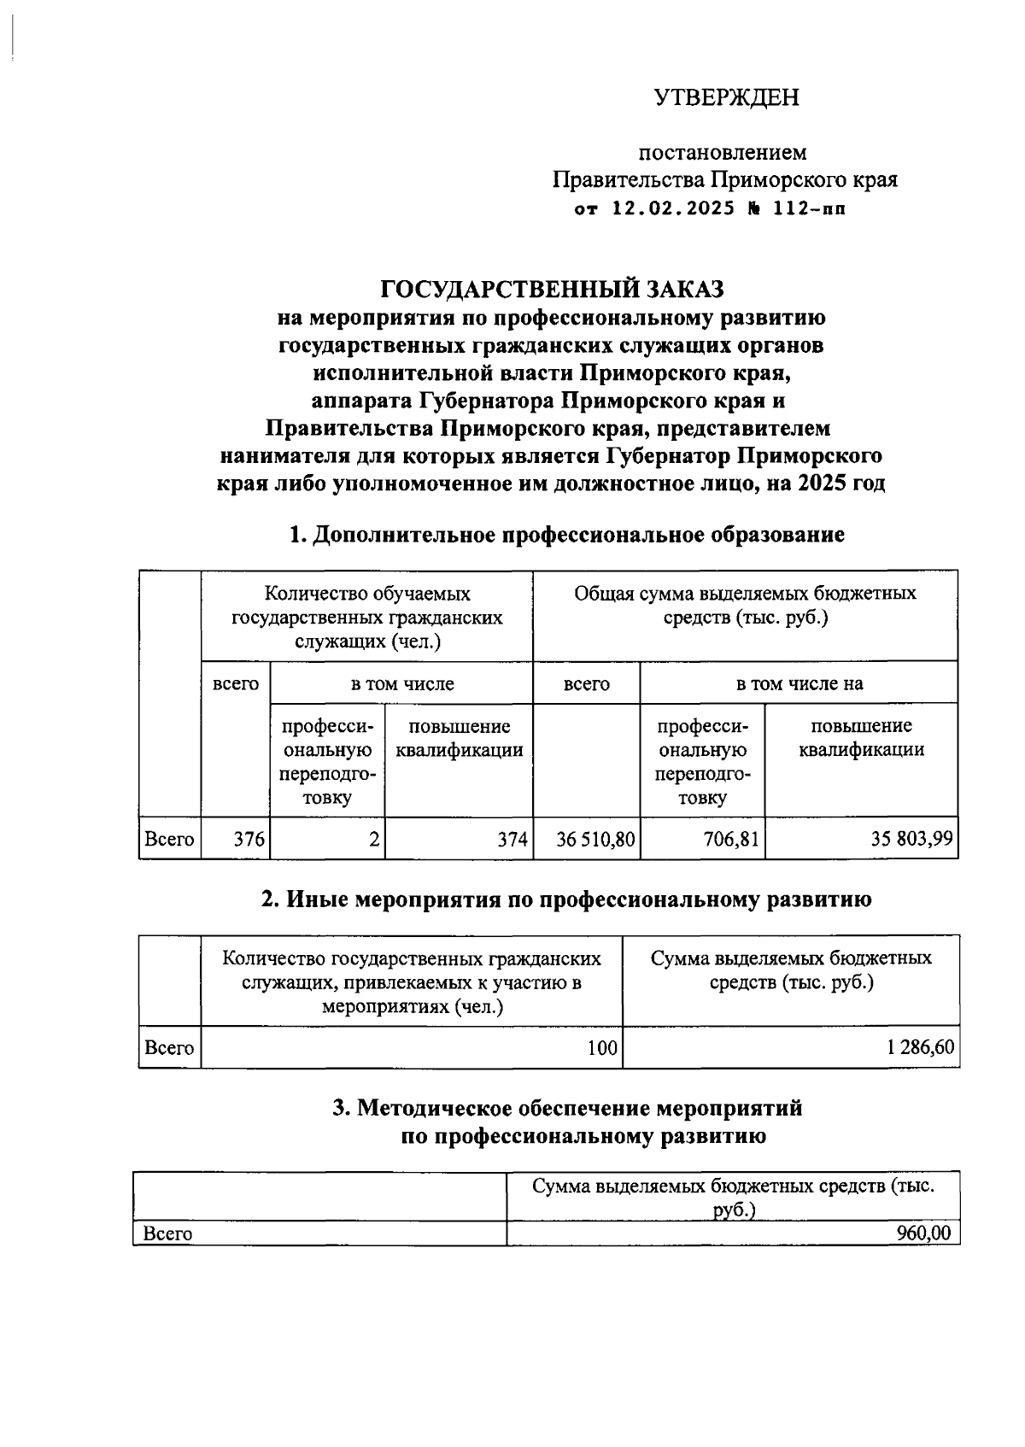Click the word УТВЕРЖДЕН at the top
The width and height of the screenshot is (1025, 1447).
(x=727, y=97)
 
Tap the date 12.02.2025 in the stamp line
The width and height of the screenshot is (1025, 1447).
(x=674, y=208)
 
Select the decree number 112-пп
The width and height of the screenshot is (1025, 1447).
(x=809, y=208)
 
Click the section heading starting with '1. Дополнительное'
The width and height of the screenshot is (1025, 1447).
(x=566, y=535)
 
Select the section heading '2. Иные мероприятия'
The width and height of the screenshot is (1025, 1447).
(x=566, y=899)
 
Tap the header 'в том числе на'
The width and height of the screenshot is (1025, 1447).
(x=799, y=683)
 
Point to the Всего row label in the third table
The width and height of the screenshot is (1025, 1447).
(x=167, y=1233)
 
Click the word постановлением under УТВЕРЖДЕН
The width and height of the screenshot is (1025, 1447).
(x=723, y=153)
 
